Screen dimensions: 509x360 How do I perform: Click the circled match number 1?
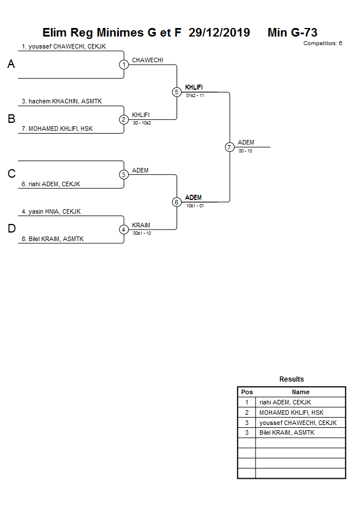[123, 65]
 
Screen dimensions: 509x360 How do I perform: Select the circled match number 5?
[177, 92]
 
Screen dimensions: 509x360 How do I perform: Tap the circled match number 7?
[229, 147]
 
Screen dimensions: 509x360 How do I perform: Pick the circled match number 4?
[123, 230]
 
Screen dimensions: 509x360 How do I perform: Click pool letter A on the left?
[11, 65]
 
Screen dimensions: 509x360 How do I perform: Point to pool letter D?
[11, 229]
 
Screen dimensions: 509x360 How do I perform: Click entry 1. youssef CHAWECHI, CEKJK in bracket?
[63, 46]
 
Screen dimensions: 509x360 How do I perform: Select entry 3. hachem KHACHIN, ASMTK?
[62, 101]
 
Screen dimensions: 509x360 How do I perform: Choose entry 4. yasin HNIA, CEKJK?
[51, 211]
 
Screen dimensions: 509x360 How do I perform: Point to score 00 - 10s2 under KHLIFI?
[142, 123]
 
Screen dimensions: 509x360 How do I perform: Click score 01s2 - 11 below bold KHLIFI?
[195, 95]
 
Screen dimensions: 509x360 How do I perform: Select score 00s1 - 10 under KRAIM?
[142, 233]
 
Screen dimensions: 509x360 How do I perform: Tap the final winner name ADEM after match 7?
[246, 142]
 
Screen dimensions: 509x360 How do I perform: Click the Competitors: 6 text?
[322, 43]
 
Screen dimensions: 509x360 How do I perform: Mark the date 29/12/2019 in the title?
[219, 33]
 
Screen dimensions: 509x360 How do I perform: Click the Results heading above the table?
[291, 379]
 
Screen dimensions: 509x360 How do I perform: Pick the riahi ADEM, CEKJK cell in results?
[285, 402]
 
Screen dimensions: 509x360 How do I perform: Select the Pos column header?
[247, 392]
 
